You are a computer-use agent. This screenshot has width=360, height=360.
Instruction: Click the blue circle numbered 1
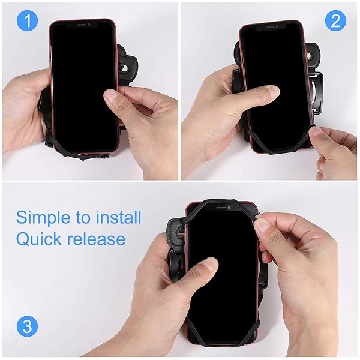pos(28,20)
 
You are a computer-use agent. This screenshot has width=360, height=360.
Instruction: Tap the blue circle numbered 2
pos(335,20)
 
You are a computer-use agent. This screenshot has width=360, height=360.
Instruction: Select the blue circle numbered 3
pos(28,326)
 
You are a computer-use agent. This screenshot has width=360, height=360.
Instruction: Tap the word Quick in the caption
pos(38,239)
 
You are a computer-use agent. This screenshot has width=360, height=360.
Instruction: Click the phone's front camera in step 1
pos(89,25)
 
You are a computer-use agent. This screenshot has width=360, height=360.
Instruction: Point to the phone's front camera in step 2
pos(277,26)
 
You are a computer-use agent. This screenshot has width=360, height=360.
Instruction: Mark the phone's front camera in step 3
pos(229,208)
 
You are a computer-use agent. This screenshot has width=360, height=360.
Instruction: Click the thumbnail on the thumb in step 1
pos(110,97)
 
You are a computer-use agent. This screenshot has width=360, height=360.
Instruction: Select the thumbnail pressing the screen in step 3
pos(211,263)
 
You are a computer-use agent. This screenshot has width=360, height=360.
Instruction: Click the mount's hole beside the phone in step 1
pos(125,68)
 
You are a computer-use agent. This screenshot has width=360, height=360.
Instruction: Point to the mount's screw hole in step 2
pos(311,56)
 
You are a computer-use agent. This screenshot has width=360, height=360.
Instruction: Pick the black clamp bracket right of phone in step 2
pos(317,94)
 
